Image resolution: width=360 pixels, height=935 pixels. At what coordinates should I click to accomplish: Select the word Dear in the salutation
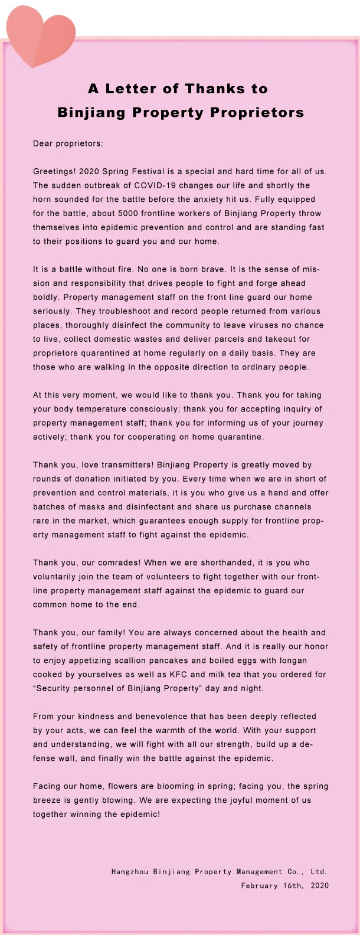(x=42, y=143)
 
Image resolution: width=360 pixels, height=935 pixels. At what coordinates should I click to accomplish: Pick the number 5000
(x=128, y=213)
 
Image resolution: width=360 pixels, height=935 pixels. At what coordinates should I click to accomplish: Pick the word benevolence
(x=159, y=716)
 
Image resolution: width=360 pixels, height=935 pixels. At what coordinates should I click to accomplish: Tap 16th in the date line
(x=293, y=885)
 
